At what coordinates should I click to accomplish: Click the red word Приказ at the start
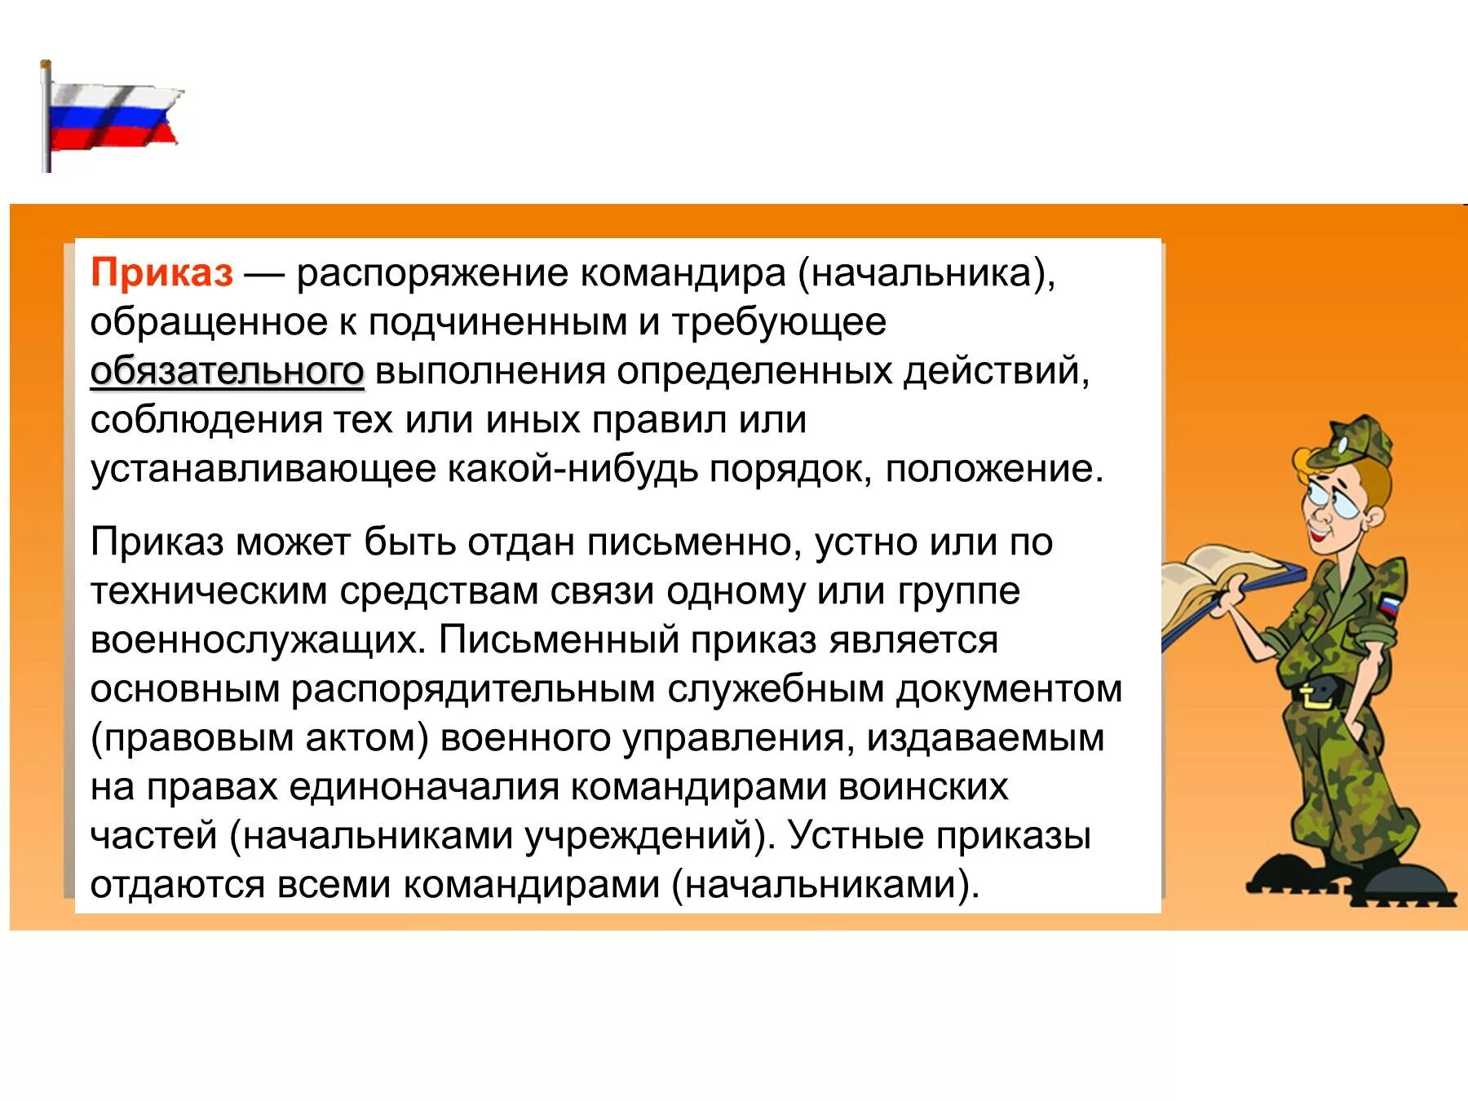pyautogui.click(x=161, y=272)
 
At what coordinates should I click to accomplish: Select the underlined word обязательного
pyautogui.click(x=227, y=371)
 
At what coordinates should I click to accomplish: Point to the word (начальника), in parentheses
pyautogui.click(x=926, y=272)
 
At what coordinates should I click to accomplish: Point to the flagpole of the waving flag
pyautogui.click(x=46, y=118)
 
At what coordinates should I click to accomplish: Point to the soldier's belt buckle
pyautogui.click(x=1315, y=696)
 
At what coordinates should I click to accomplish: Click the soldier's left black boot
pyautogui.click(x=1289, y=877)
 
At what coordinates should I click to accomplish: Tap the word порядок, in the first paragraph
pyautogui.click(x=791, y=470)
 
